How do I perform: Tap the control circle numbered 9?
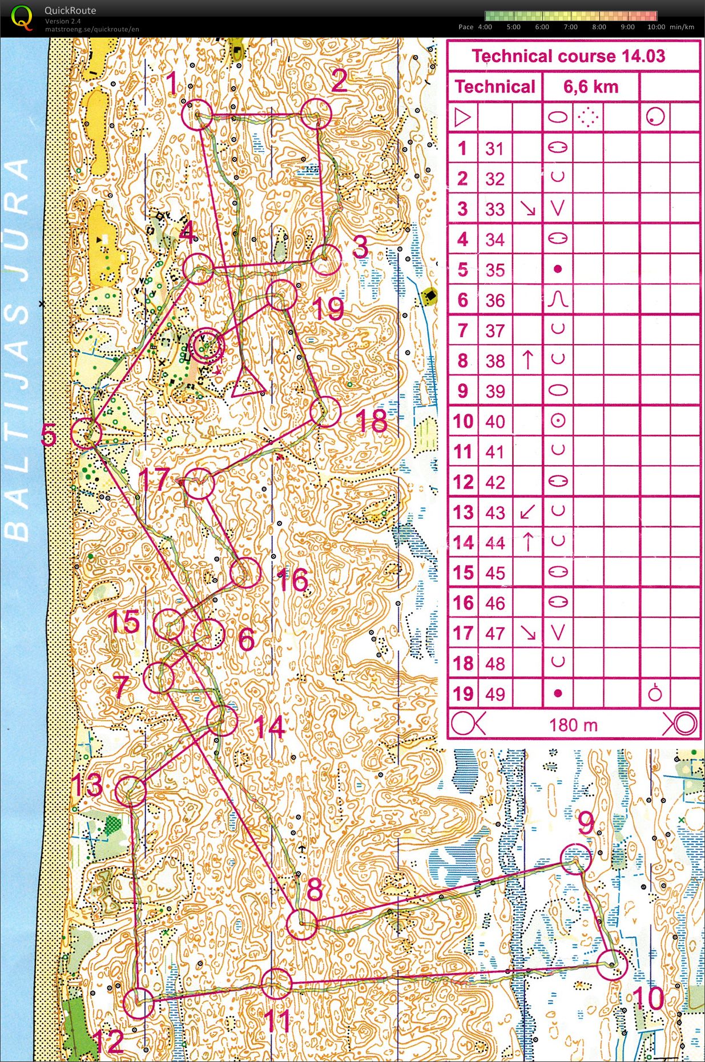pos(576,859)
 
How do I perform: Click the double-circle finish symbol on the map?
pos(206,346)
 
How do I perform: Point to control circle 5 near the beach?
pos(86,433)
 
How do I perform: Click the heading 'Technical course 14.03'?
pos(569,56)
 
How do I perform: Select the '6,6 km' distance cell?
pos(591,87)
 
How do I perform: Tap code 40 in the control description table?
pos(495,422)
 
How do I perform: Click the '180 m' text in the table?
pos(573,725)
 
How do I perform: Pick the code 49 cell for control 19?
pos(495,694)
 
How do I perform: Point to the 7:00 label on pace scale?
pos(570,27)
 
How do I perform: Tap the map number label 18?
pos(372,421)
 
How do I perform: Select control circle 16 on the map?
pos(245,572)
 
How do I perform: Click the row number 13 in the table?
pos(464,512)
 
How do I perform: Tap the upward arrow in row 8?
pos(528,360)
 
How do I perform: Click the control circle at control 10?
pos(613,965)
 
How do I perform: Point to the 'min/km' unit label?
pos(682,27)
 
